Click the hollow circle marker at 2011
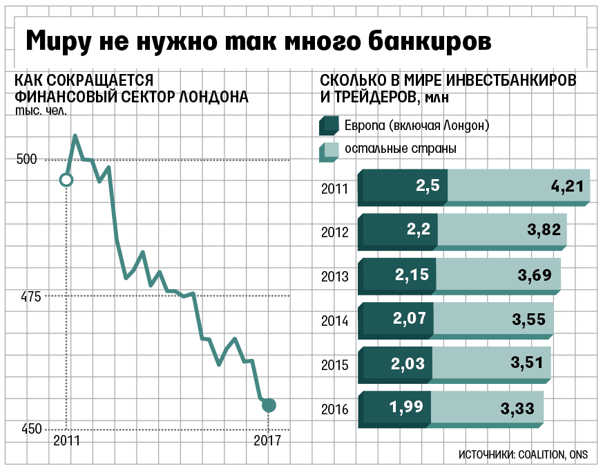[66, 180]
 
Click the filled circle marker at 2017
[269, 405]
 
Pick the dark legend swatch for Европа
[327, 126]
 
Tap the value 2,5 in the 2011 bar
[428, 186]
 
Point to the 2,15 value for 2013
[412, 275]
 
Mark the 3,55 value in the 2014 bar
[528, 319]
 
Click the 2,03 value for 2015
[408, 364]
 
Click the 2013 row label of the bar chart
[335, 276]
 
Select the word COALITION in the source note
[540, 454]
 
